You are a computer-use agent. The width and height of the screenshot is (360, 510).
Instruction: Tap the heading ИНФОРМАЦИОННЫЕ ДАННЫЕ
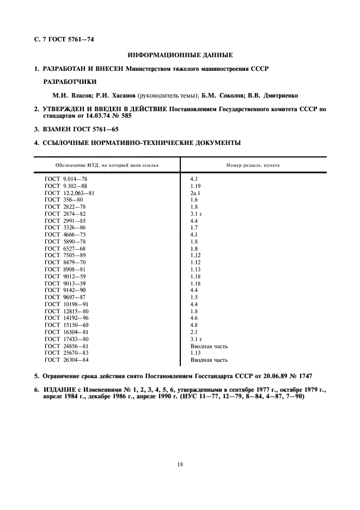(x=180, y=55)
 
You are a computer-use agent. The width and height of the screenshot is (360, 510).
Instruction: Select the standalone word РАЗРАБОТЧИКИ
(x=69, y=82)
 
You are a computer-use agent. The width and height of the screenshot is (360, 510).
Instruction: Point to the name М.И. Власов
(x=67, y=95)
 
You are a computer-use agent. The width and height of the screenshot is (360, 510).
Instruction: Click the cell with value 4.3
(x=194, y=179)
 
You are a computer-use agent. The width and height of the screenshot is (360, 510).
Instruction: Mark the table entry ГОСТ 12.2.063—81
(x=71, y=193)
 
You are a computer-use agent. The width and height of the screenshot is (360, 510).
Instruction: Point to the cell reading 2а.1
(x=196, y=193)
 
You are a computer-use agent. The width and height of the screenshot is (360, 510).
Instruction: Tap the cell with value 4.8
(x=194, y=325)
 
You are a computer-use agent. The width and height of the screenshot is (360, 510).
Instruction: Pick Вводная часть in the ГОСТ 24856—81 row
(x=209, y=345)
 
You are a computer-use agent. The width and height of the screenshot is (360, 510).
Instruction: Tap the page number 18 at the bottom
(x=180, y=464)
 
